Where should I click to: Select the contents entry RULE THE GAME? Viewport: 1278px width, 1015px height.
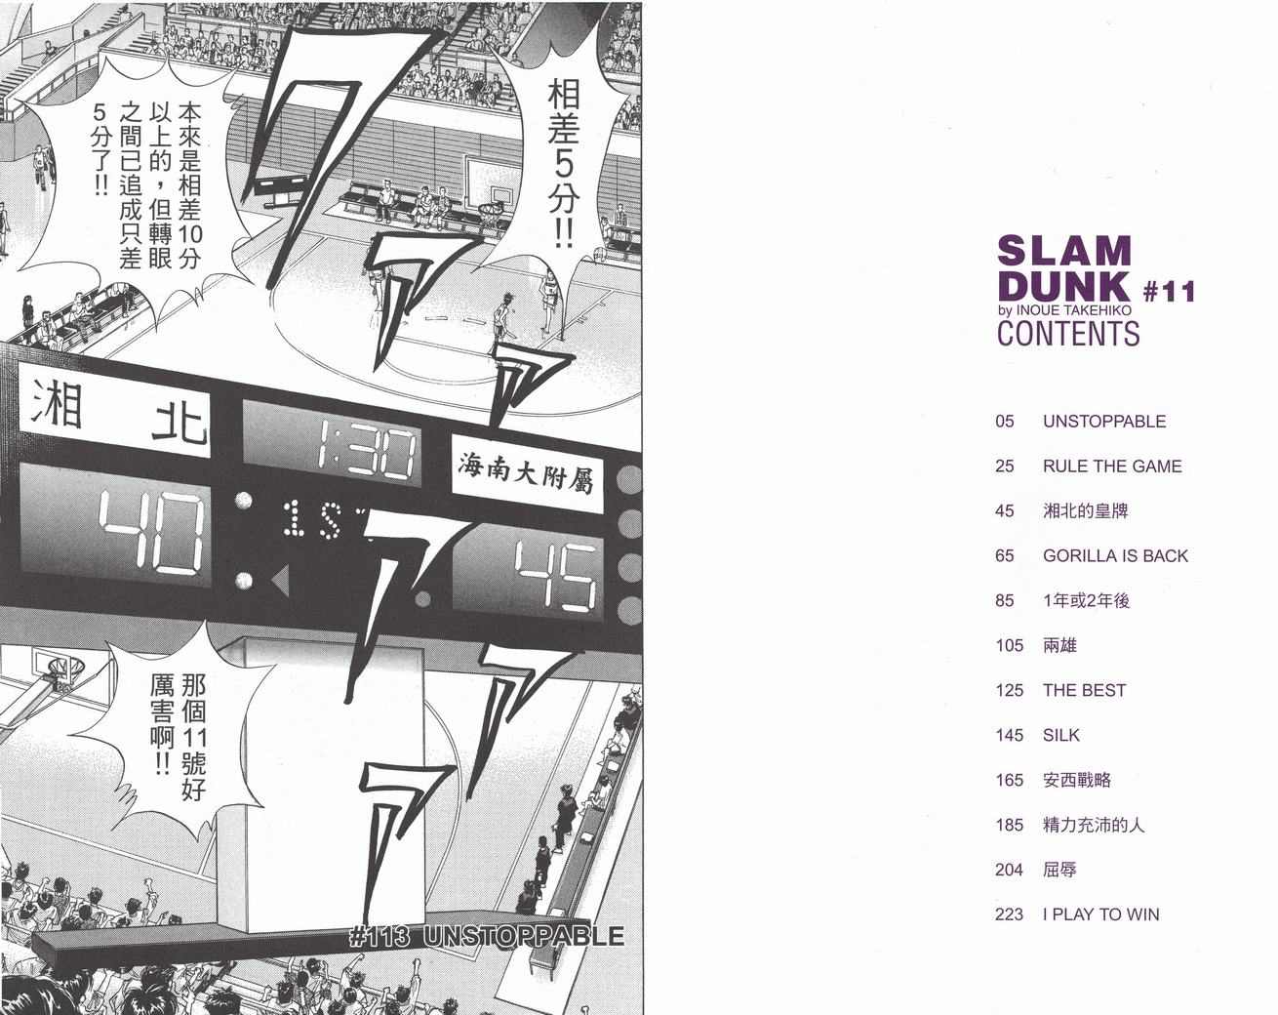(1111, 467)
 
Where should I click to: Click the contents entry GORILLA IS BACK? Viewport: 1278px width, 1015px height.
(1115, 556)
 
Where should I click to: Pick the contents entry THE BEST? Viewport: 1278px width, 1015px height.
(1084, 691)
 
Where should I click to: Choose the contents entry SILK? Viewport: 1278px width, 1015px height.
(1061, 736)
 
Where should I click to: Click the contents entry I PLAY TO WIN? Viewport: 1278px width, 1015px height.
(1100, 914)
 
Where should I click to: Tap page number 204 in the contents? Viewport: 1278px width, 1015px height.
(1009, 870)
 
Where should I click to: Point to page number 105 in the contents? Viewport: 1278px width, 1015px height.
(1009, 646)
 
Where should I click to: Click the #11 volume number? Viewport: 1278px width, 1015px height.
(1168, 291)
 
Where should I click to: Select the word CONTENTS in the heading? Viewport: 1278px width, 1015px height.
(1067, 334)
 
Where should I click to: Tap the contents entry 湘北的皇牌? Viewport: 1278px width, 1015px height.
(1085, 511)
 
